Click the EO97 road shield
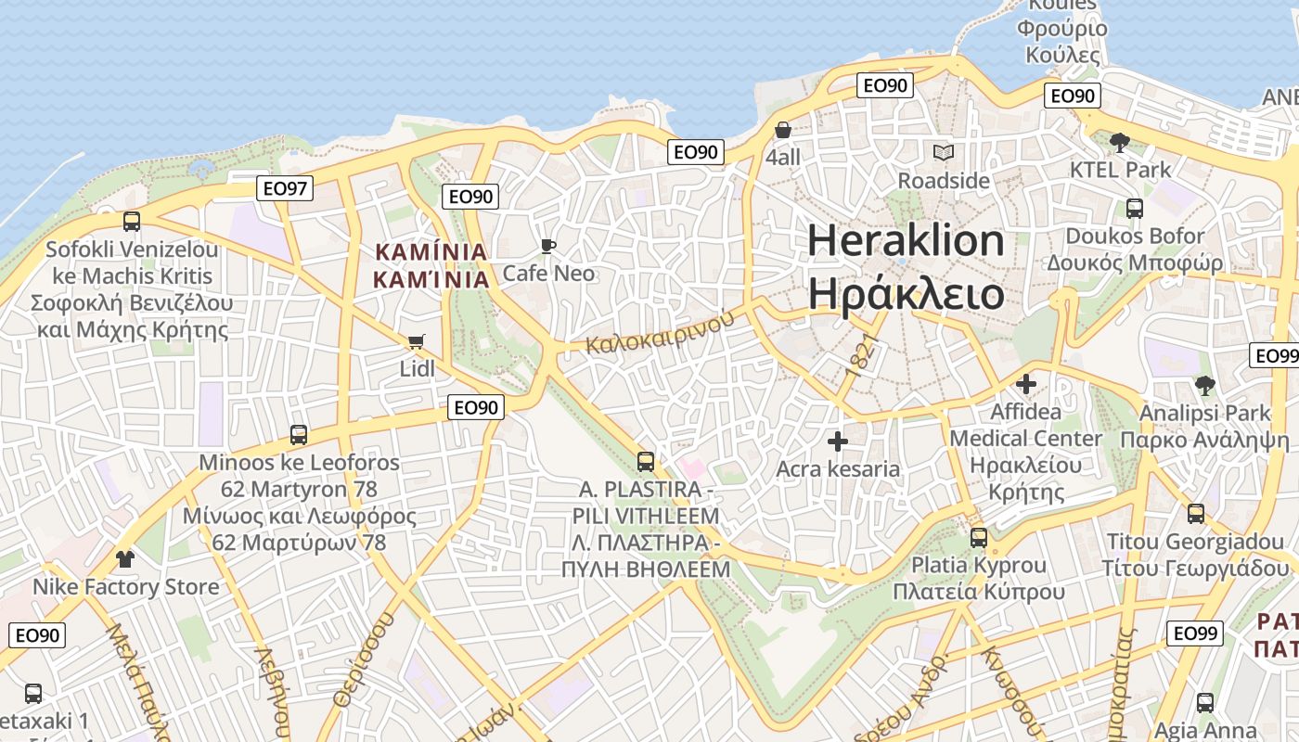point(284,188)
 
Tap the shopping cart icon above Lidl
point(417,341)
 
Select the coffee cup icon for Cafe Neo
point(548,246)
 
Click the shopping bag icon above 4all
point(783,130)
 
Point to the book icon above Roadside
point(944,152)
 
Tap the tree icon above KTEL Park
point(1120,142)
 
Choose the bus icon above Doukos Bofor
point(1135,209)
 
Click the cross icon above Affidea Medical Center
point(1026,383)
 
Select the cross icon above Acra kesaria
point(838,441)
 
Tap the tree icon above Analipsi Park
point(1204,385)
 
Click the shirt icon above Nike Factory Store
point(125,558)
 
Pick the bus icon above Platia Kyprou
point(979,537)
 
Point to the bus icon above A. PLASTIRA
point(646,461)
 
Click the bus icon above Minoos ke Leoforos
point(299,434)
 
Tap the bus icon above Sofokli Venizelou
point(132,221)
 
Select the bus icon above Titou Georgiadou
point(1196,513)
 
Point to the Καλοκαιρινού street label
point(659,332)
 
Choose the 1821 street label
point(861,354)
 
